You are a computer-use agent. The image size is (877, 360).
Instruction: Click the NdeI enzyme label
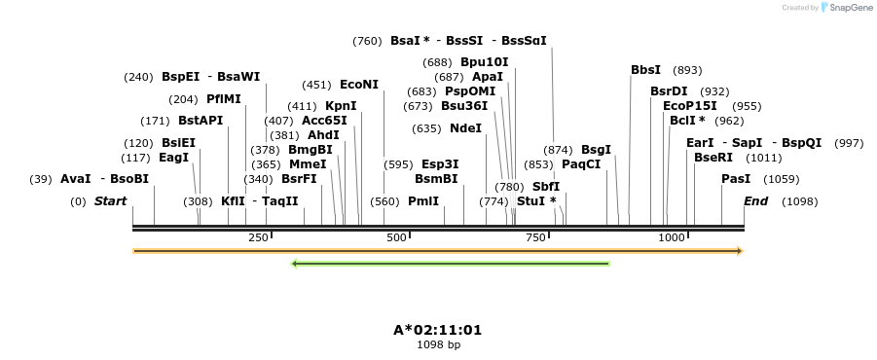pos(465,128)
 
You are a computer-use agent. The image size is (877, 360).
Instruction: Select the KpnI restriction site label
pos(341,106)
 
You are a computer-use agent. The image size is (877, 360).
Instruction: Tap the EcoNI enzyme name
pos(358,85)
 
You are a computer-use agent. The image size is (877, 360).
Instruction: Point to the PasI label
pos(736,179)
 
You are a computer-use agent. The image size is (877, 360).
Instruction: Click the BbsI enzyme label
pos(645,70)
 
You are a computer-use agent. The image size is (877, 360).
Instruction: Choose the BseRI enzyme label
pos(713,158)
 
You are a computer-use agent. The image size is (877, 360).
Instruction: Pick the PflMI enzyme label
pos(224,99)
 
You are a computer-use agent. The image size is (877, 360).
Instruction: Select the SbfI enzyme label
pos(546,187)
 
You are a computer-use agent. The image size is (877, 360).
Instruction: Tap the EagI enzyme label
pos(173,158)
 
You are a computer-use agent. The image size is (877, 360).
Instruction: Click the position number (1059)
pos(782,179)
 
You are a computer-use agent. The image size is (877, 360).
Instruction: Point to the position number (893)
pos(687,70)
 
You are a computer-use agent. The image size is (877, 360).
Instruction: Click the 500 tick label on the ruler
pos(396,238)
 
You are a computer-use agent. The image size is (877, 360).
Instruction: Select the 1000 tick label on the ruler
pos(671,238)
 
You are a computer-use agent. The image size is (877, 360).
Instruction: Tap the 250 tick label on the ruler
pos(258,238)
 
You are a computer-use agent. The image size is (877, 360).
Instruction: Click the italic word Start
pos(110,201)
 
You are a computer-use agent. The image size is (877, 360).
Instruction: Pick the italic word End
pos(756,201)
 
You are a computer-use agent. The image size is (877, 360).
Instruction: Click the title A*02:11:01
pos(438,330)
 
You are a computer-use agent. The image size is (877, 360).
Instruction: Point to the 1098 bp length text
pos(438,344)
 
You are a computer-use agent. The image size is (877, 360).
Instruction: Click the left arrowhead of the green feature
pos(295,263)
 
